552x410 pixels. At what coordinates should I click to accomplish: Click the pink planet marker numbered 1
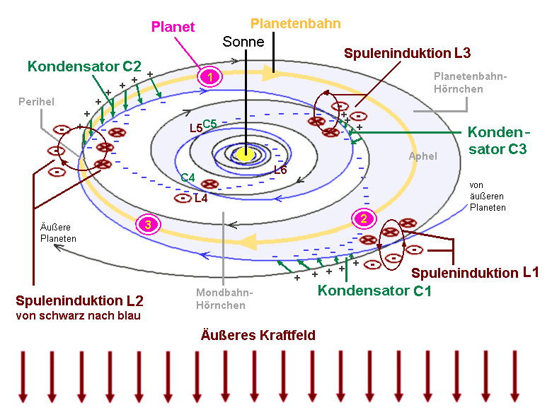pyautogui.click(x=209, y=75)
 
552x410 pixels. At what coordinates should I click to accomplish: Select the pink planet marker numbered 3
pyautogui.click(x=148, y=225)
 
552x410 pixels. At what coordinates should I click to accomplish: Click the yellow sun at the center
pyautogui.click(x=246, y=153)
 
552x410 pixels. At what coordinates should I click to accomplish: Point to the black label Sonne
pyautogui.click(x=243, y=42)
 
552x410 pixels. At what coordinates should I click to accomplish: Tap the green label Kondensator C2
pyautogui.click(x=86, y=66)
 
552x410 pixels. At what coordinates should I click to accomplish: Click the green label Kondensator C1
pyautogui.click(x=374, y=290)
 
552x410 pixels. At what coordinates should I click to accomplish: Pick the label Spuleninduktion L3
pyautogui.click(x=408, y=52)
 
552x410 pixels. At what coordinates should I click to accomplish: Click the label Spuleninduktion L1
pyautogui.click(x=476, y=273)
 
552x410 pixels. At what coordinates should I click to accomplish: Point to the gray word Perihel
pyautogui.click(x=37, y=102)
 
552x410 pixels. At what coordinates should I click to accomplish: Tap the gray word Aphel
pyautogui.click(x=423, y=156)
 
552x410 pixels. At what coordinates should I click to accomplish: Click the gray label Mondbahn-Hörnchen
pyautogui.click(x=222, y=299)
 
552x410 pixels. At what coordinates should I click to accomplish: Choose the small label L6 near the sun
pyautogui.click(x=280, y=170)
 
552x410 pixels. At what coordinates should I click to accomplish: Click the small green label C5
pyautogui.click(x=210, y=124)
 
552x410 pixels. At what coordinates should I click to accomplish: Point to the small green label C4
pyautogui.click(x=188, y=177)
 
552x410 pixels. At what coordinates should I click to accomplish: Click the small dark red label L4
pyautogui.click(x=201, y=199)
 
